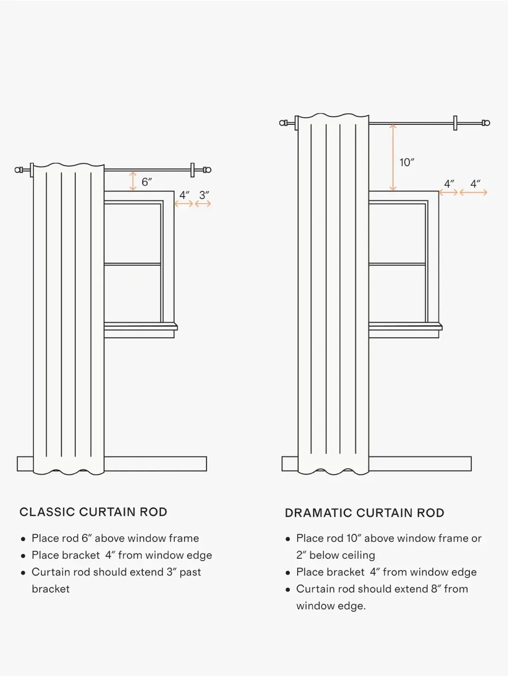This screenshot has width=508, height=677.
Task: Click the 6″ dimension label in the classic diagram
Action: click(x=146, y=182)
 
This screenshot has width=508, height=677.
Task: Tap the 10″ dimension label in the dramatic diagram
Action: click(x=406, y=162)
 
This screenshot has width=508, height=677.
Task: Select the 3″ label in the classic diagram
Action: click(x=204, y=195)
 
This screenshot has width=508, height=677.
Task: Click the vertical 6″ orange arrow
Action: click(x=133, y=181)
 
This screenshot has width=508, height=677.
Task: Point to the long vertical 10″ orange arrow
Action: click(x=393, y=157)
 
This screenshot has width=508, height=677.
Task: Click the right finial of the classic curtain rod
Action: click(x=207, y=170)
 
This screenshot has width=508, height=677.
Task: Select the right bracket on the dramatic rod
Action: click(x=455, y=123)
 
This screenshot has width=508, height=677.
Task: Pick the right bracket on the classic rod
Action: click(x=193, y=170)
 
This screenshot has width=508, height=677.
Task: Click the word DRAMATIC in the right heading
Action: click(x=319, y=513)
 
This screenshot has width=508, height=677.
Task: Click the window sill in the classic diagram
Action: click(x=141, y=327)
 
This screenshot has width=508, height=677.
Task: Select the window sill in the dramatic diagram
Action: click(x=405, y=327)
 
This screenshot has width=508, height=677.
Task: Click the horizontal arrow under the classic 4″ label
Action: click(x=183, y=204)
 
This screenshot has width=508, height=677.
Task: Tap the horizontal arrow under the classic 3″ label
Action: click(x=203, y=204)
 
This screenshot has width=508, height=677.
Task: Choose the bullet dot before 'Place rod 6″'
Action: click(x=23, y=539)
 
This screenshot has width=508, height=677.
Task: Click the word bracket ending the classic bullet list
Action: click(x=51, y=589)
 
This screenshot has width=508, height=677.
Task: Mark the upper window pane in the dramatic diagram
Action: click(x=397, y=234)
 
